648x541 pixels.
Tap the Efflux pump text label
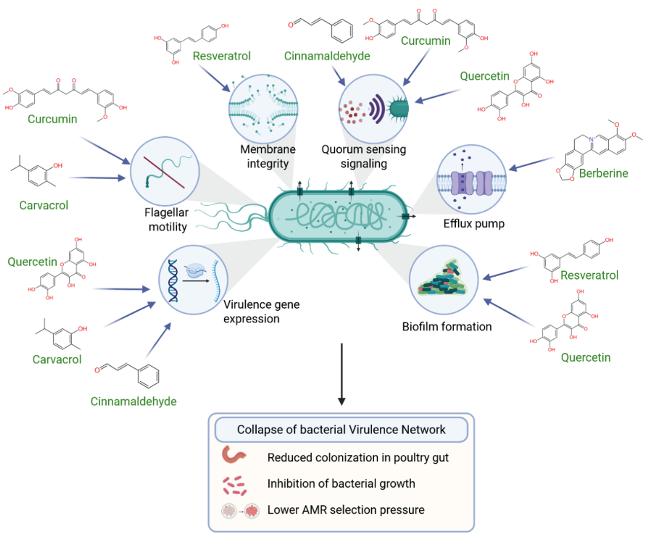(474, 224)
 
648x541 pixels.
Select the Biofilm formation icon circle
(443, 280)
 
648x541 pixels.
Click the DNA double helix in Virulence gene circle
(173, 280)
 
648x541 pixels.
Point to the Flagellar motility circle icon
(165, 171)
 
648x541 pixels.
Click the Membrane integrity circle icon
(263, 109)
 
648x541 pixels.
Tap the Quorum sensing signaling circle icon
(373, 109)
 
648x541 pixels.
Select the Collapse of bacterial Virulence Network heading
(341, 429)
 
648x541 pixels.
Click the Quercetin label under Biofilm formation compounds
(585, 357)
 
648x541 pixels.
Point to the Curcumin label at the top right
(425, 41)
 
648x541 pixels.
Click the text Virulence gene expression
(261, 312)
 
